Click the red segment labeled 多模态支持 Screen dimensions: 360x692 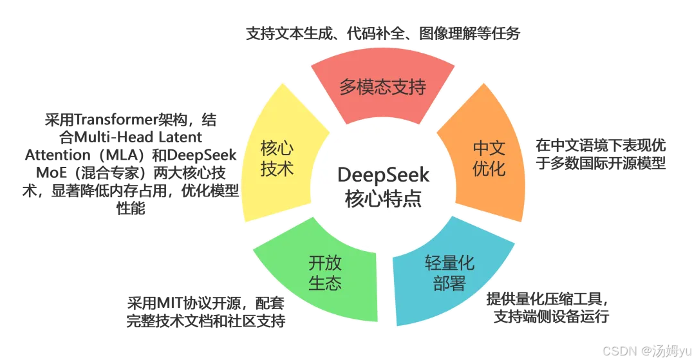(x=382, y=86)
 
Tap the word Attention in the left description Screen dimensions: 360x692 (x=57, y=155)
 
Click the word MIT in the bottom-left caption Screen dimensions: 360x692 (x=164, y=303)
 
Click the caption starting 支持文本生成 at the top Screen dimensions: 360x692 (x=382, y=33)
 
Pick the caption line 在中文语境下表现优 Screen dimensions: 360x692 (x=600, y=145)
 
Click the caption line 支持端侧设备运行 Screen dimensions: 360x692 (x=551, y=316)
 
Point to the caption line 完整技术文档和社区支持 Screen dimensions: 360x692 (x=205, y=320)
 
